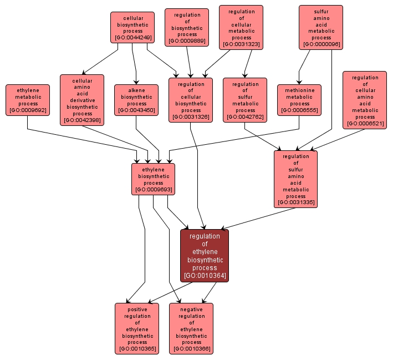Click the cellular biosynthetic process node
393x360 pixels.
click(x=132, y=28)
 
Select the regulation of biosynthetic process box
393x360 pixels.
click(x=187, y=27)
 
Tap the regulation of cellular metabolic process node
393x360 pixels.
click(x=241, y=28)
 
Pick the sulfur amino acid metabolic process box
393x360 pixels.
click(x=321, y=28)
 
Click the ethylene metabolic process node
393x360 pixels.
click(x=28, y=99)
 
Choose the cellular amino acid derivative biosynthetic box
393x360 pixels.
click(x=82, y=100)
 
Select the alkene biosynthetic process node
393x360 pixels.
click(x=136, y=100)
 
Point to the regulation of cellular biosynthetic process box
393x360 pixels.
click(x=191, y=100)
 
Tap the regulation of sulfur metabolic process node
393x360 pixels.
click(x=245, y=100)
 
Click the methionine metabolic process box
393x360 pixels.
click(x=299, y=100)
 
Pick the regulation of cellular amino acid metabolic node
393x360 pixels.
click(x=365, y=100)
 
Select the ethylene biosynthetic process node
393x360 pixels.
click(x=154, y=179)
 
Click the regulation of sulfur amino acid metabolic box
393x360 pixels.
click(x=296, y=179)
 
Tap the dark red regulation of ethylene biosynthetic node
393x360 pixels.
click(x=205, y=255)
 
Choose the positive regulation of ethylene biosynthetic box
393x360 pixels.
click(x=137, y=328)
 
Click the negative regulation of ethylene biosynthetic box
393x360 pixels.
click(x=191, y=328)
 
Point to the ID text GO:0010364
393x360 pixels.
click(x=205, y=275)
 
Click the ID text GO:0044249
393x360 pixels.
click(x=132, y=38)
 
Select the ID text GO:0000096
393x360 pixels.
click(x=321, y=44)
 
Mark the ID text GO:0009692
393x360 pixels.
click(x=28, y=110)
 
